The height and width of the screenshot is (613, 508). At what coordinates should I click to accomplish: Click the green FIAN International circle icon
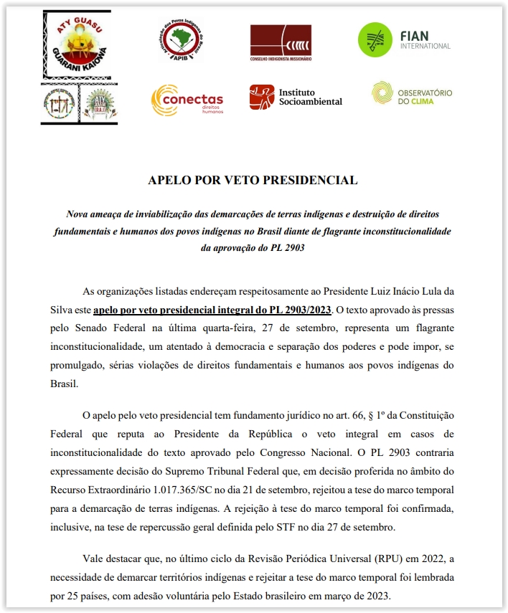click(x=375, y=40)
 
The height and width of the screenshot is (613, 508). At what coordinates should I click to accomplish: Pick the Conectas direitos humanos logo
click(x=187, y=100)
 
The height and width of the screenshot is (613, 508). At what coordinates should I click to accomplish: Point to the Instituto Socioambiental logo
click(x=296, y=98)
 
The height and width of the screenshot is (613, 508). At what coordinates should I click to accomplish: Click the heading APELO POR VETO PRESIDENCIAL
click(x=253, y=180)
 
